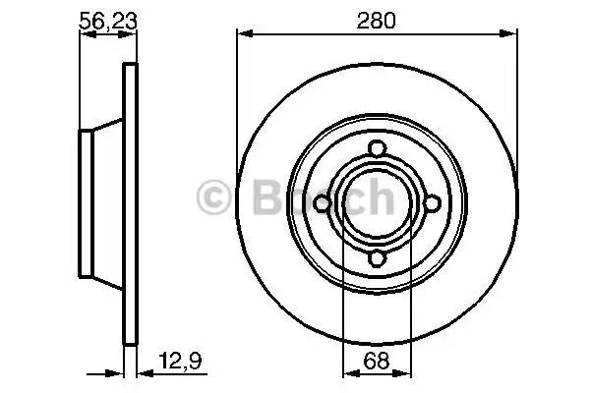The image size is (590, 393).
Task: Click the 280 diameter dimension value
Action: pos(377,21)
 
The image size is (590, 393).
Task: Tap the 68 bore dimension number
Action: pos(377,361)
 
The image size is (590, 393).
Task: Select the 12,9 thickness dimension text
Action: pos(180,361)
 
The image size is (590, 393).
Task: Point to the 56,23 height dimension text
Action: pos(107,21)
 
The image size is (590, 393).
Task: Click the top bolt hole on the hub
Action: pos(377,147)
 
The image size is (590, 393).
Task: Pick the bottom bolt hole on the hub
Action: pos(377,259)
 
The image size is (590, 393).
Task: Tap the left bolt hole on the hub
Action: pos(322,203)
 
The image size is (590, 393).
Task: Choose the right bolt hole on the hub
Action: pos(433,203)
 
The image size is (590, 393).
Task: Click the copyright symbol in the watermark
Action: pos(213,197)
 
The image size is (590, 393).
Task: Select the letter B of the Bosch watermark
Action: pos(267,197)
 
